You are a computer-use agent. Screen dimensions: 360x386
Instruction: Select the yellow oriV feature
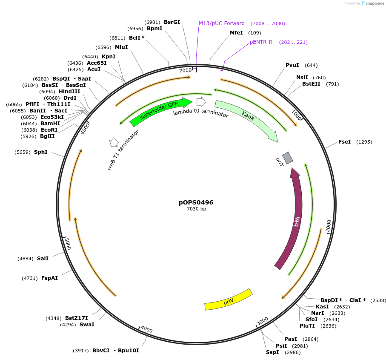tap(229, 300)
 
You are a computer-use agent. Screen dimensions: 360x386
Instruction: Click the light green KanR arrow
tap(247, 119)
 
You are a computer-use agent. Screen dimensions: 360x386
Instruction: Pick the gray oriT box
tap(288, 158)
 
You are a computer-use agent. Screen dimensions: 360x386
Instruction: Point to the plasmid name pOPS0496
tap(196, 202)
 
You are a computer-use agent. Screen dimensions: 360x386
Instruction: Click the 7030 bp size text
tap(196, 209)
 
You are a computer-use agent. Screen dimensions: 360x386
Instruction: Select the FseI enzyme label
tap(344, 141)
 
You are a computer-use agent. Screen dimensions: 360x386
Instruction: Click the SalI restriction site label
tap(43, 258)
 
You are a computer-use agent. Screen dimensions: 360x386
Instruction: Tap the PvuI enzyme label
tap(292, 65)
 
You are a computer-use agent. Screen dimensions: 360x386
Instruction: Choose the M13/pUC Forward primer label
tap(222, 23)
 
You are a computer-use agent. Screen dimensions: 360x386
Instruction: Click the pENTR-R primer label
tap(261, 42)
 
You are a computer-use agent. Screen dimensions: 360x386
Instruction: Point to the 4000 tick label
tap(146, 329)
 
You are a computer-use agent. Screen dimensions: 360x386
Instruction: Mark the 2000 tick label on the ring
tap(328, 226)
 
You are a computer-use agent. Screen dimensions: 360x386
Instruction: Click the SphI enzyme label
tap(41, 152)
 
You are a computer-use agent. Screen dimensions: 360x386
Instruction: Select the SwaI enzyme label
tap(87, 324)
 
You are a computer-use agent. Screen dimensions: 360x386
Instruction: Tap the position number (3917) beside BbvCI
tap(81, 351)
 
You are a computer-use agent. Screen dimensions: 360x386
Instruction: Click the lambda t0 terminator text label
tap(200, 113)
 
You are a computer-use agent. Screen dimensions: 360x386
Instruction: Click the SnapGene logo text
tap(373, 3)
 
